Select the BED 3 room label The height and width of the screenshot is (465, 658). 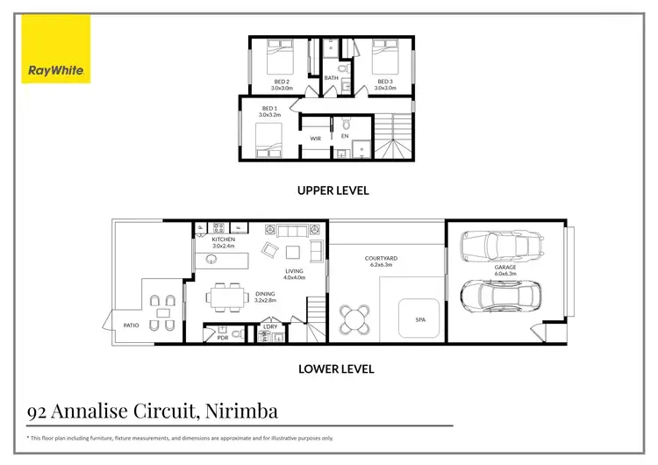coord(385,82)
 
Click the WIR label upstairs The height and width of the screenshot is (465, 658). coord(315,138)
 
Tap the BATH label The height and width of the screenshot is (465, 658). coord(331,78)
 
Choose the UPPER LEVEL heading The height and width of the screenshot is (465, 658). coord(333,190)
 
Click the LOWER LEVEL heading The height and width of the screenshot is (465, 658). coord(337,369)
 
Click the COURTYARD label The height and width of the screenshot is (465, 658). coord(382,259)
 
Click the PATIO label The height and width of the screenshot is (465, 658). coord(132,325)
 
